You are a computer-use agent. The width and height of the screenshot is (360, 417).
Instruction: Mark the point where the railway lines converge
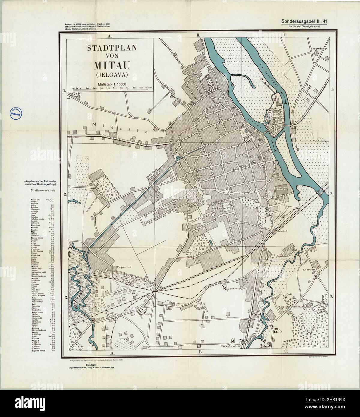154,291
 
